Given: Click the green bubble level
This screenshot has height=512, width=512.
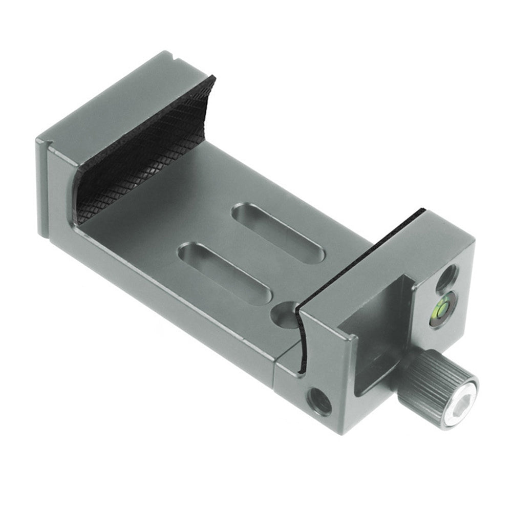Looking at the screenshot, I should pos(440,309).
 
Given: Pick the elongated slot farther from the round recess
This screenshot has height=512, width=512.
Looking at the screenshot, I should pos(279,233).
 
